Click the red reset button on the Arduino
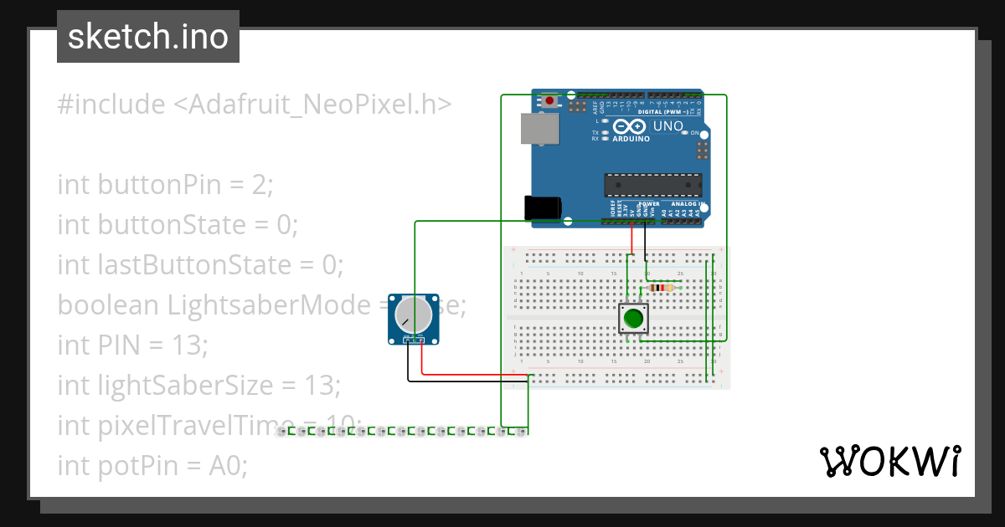(x=549, y=101)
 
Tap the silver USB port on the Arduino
(x=541, y=130)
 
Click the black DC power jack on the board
(x=541, y=207)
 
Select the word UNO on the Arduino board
(x=668, y=126)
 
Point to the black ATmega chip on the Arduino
(x=653, y=185)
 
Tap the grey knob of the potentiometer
(x=412, y=314)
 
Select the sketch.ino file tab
(x=148, y=37)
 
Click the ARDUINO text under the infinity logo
(x=631, y=139)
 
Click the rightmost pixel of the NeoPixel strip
(x=520, y=432)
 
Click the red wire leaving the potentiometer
(x=422, y=360)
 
